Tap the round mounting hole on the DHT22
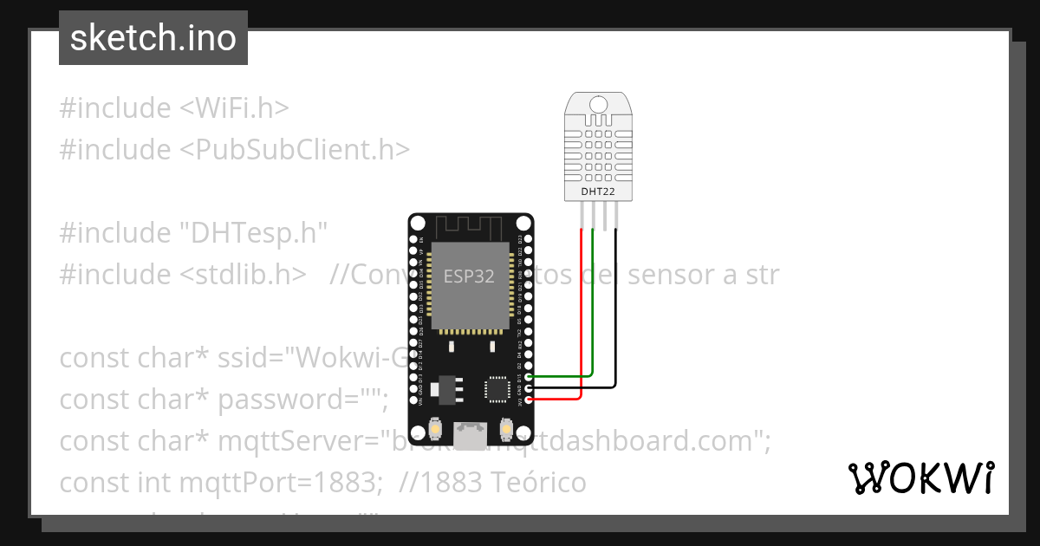click(599, 104)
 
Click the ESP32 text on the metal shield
click(469, 276)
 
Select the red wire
click(581, 329)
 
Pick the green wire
click(593, 321)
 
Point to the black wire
click(616, 321)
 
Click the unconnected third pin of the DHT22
click(604, 215)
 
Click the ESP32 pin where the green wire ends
click(529, 377)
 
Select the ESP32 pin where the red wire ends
click(529, 400)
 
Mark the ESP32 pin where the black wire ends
click(529, 388)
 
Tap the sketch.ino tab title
click(153, 38)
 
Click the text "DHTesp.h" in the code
click(253, 233)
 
